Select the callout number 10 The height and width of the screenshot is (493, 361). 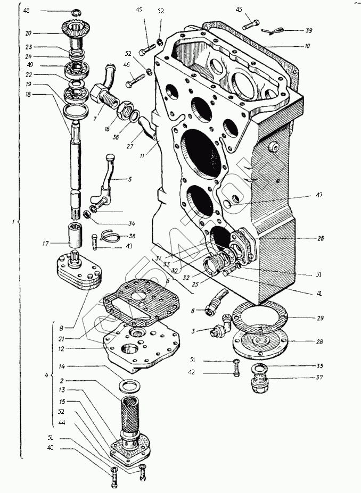click(307, 46)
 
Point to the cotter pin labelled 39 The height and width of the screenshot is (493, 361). click(276, 31)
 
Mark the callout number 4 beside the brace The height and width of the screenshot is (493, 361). click(46, 376)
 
